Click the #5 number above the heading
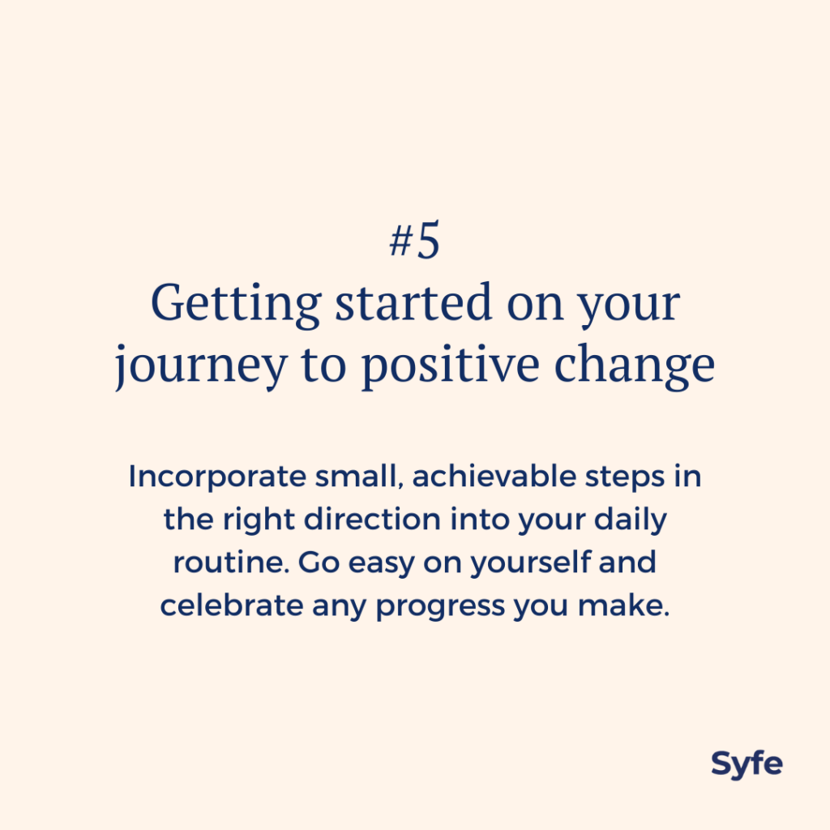pos(414,241)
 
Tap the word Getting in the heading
pos(236,304)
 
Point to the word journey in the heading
pos(201,366)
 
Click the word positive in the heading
pos(451,366)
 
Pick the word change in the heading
pos(635,366)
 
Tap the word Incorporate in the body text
pos(217,476)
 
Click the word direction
pos(372,519)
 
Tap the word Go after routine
pos(319,563)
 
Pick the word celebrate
pos(231,605)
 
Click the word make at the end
pos(623,605)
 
